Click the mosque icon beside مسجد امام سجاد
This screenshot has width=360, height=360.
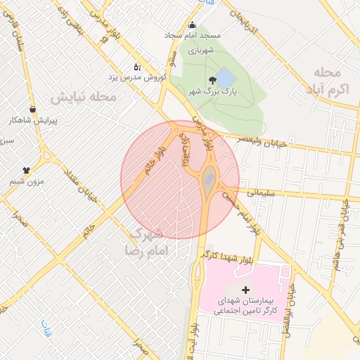[192, 27]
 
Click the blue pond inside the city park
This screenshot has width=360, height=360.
[225, 77]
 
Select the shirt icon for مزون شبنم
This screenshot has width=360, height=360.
[27, 169]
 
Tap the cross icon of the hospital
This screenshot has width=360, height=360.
[245, 290]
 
